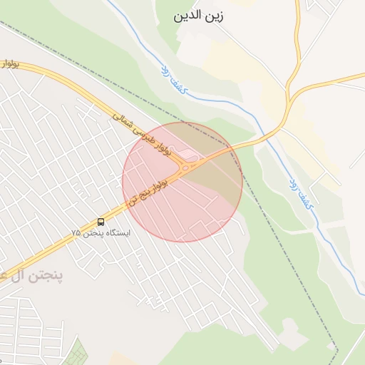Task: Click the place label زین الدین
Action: pos(197,15)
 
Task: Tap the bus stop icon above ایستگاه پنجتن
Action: pos(101,222)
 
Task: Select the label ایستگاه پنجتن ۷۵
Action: pos(101,233)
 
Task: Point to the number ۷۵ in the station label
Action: pos(76,234)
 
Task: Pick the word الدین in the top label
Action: pos(187,15)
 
